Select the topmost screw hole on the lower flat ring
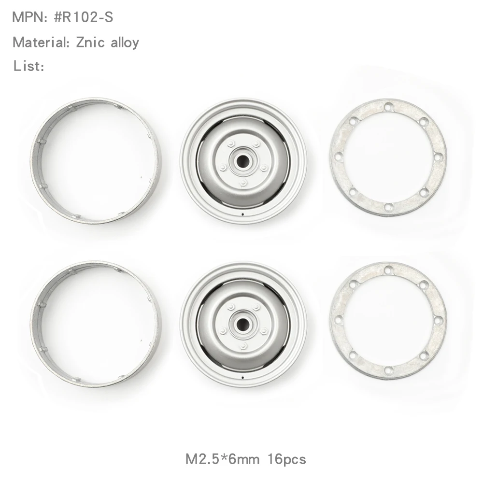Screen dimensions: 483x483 388,269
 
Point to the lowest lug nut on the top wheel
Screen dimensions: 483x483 244,182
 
